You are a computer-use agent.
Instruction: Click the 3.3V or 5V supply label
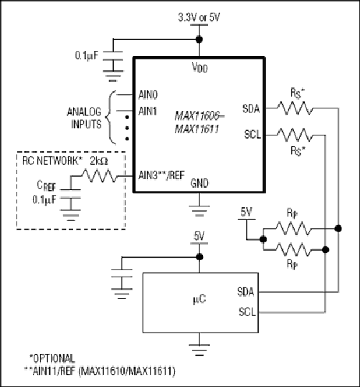[x=199, y=18]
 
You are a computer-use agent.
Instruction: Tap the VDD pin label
[x=200, y=67]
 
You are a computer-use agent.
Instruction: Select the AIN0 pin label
[x=148, y=95]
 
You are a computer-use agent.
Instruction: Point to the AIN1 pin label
[x=148, y=111]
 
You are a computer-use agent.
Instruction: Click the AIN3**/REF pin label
[x=161, y=176]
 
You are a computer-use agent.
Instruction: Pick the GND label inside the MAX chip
[x=199, y=183]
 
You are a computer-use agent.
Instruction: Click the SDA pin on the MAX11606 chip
[x=251, y=109]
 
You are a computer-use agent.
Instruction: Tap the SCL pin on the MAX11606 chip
[x=252, y=135]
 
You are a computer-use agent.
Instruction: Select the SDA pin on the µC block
[x=246, y=292]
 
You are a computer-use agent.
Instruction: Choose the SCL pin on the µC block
[x=247, y=312]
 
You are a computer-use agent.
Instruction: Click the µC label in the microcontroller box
[x=199, y=300]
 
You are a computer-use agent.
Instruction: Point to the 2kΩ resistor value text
[x=99, y=161]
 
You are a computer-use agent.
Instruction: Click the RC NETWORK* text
[x=52, y=161]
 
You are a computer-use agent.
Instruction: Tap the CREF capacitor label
[x=47, y=186]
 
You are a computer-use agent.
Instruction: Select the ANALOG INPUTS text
[x=85, y=118]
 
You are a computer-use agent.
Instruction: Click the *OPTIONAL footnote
[x=52, y=358]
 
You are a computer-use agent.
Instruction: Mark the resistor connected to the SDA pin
[x=295, y=108]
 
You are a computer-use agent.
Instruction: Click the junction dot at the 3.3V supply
[x=199, y=39]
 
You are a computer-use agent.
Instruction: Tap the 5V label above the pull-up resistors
[x=247, y=212]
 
